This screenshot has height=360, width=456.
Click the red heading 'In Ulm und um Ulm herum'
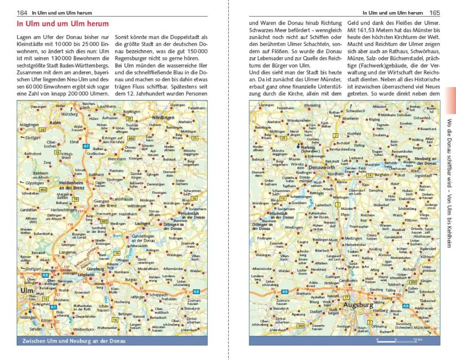click(x=63, y=24)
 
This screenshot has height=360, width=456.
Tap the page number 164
click(x=23, y=13)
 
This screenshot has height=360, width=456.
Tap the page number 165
click(x=435, y=13)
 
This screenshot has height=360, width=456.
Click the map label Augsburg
click(x=358, y=304)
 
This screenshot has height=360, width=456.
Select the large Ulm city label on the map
click(x=27, y=291)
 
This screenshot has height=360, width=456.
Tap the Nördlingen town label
click(x=164, y=118)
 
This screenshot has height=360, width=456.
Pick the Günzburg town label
click(x=97, y=269)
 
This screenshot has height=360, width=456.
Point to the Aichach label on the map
click(x=408, y=269)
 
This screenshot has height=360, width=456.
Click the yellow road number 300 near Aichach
click(x=412, y=283)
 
